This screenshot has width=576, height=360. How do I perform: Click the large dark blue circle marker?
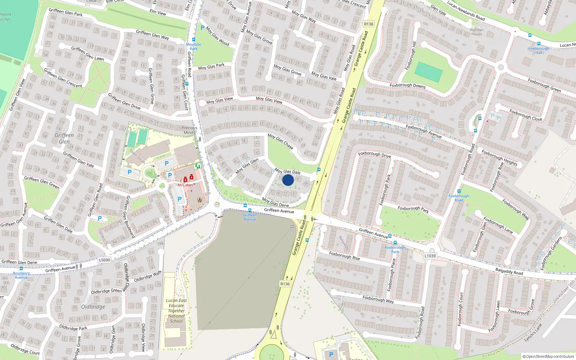(x=288, y=180)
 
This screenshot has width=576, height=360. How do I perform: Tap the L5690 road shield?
(x=104, y=260)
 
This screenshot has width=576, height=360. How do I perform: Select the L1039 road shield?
(x=430, y=256)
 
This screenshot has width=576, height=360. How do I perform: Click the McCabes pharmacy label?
(x=185, y=185)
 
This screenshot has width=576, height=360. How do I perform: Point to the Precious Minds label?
(x=189, y=130)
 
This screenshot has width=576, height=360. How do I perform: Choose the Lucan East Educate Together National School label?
(x=176, y=311)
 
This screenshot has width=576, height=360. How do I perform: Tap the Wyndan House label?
(x=477, y=32)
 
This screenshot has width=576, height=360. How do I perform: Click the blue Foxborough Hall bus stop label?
(x=539, y=50)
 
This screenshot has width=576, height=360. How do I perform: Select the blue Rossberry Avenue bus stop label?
(x=21, y=275)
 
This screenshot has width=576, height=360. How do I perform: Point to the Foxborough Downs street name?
(x=408, y=86)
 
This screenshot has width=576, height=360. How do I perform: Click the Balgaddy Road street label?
(x=509, y=271)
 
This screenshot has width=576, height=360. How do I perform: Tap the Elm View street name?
(x=158, y=12)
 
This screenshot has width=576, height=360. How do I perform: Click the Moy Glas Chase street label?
(x=280, y=141)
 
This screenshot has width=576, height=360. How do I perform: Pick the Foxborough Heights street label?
(x=499, y=158)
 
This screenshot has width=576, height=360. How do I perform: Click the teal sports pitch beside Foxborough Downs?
(x=428, y=72)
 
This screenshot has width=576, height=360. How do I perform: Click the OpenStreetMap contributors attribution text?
(x=548, y=356)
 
